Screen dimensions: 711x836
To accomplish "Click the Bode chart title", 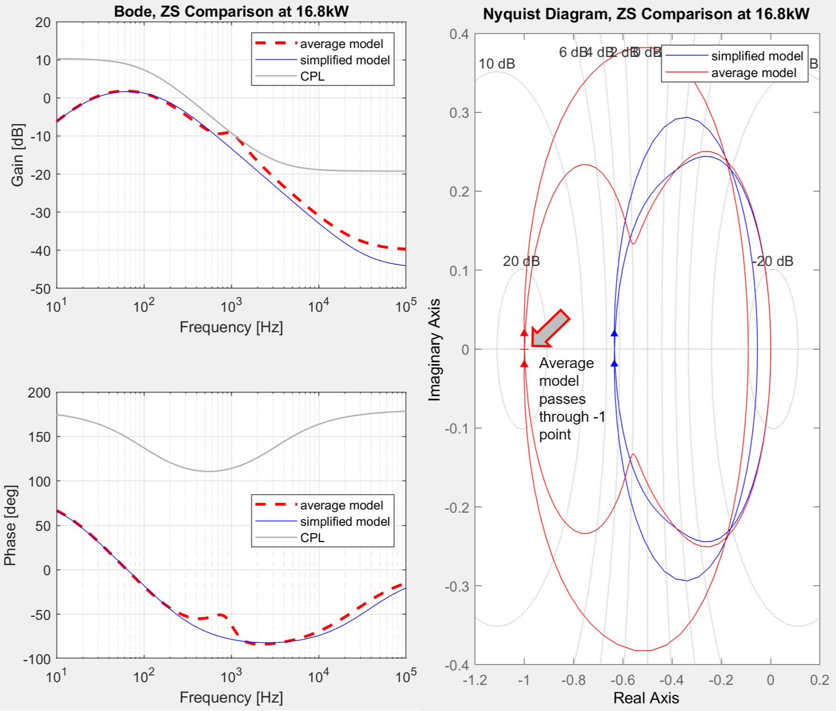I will pos(231,11).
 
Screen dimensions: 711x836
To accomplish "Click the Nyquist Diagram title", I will pos(646,14).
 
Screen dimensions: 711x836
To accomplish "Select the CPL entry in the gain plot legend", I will pos(312,76).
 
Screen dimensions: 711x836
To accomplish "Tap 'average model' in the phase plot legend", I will pos(341,505).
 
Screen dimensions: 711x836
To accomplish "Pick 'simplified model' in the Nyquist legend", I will pos(757,56).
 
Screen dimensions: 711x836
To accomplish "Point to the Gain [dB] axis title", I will pos(17,155).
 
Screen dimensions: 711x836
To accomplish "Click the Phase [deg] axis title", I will pos(10,525).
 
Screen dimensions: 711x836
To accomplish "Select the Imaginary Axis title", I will pos(435,349).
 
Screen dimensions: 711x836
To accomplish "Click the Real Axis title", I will pos(646,697).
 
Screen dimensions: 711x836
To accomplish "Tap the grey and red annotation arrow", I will pos(551,328).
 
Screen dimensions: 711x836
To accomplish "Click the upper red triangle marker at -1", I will pos(524,333).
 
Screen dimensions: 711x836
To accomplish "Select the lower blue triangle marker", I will pos(614,363).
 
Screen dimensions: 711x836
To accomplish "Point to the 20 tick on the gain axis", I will pos(42,22).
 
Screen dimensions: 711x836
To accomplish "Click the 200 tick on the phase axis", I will pos(39,393).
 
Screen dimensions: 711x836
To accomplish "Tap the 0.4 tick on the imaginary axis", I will pos(459,34).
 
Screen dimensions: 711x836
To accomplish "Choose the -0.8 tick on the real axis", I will pos(573,680).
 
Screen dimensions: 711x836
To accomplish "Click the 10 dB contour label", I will pos(497,64).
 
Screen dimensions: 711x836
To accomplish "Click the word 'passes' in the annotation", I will pos(562,399).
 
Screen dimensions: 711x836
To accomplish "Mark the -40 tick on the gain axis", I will pos(41,251).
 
